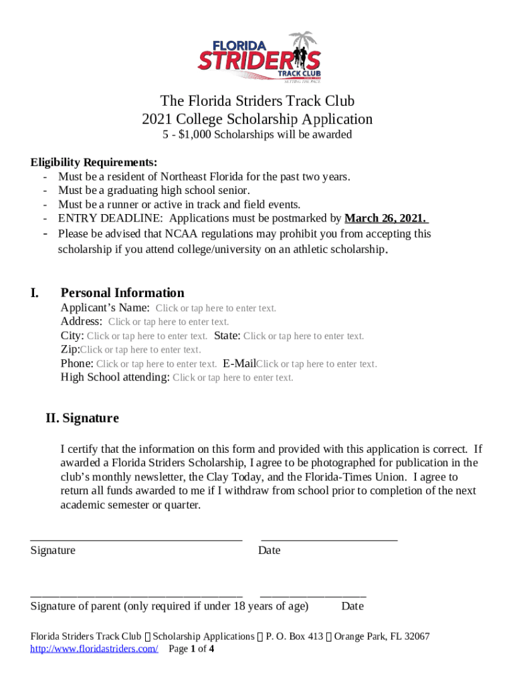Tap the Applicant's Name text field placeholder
pyautogui.click(x=215, y=308)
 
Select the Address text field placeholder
pyautogui.click(x=169, y=322)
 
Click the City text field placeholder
pyautogui.click(x=147, y=336)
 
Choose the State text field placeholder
pyautogui.click(x=304, y=336)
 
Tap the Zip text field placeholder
pyautogui.click(x=140, y=349)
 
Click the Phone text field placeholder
pyautogui.click(x=157, y=364)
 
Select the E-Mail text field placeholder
pyautogui.click(x=316, y=364)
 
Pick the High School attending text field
pyautogui.click(x=233, y=377)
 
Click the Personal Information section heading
pyautogui.click(x=122, y=293)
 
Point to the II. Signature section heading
pyautogui.click(x=82, y=418)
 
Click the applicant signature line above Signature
pyautogui.click(x=136, y=539)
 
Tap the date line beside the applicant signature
pyautogui.click(x=329, y=539)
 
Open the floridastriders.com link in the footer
pyautogui.click(x=94, y=649)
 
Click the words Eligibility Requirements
pyautogui.click(x=94, y=163)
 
